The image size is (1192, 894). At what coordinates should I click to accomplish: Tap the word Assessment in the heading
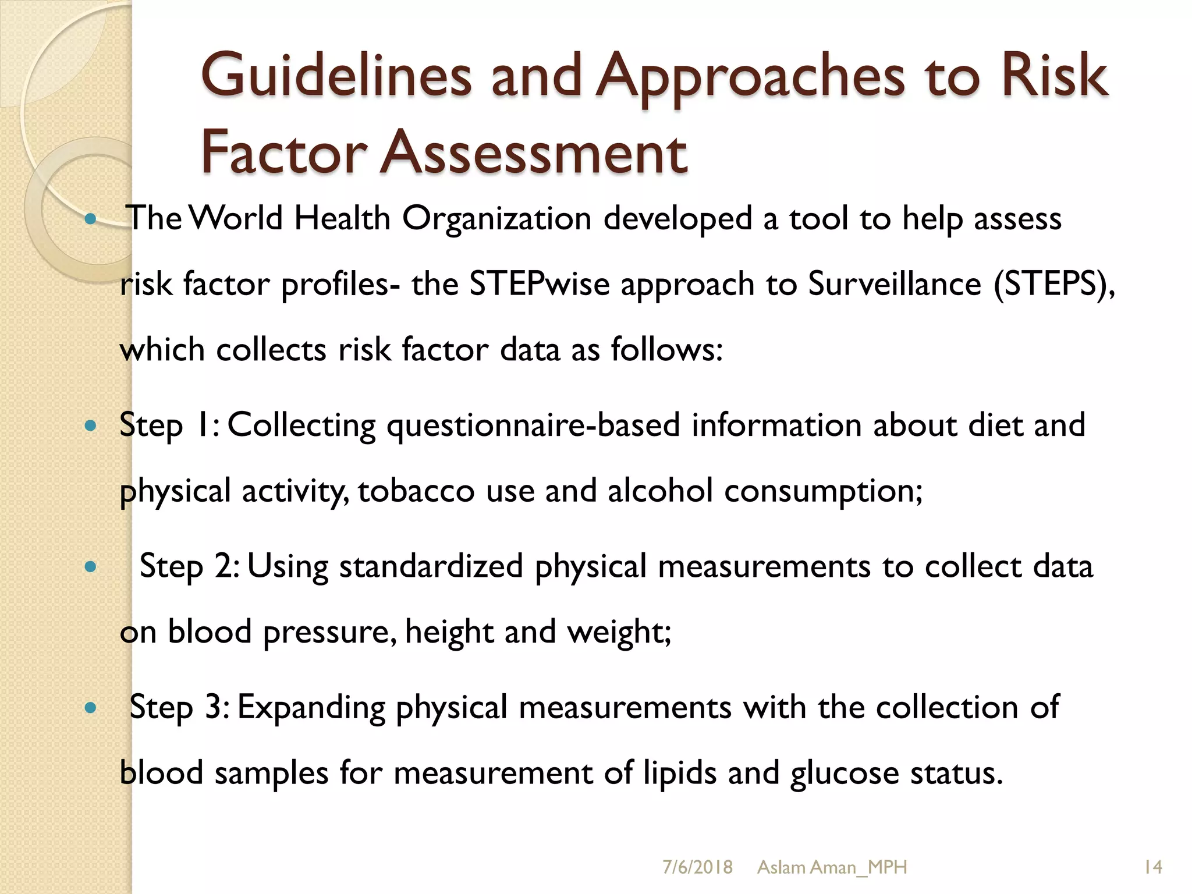point(534,152)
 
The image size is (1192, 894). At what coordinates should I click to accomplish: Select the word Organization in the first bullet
point(496,219)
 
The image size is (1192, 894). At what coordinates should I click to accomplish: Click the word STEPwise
point(540,285)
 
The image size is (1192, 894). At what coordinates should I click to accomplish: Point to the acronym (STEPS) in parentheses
point(1053,285)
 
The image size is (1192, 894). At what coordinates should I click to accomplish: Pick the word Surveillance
point(895,285)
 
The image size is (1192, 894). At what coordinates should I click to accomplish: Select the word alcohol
point(660,491)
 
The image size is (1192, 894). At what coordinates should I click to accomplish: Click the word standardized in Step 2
point(431,566)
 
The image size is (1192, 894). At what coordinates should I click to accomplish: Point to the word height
point(449,632)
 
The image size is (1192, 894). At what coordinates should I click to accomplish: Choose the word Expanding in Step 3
point(311,708)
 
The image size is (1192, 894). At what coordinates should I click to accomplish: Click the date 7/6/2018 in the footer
point(697,867)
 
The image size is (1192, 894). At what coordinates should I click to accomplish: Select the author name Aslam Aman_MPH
point(832,867)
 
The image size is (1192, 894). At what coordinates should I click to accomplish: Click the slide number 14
point(1152,867)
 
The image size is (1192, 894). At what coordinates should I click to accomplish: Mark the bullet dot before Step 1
point(90,426)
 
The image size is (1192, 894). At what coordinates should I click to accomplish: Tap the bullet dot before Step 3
point(90,708)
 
